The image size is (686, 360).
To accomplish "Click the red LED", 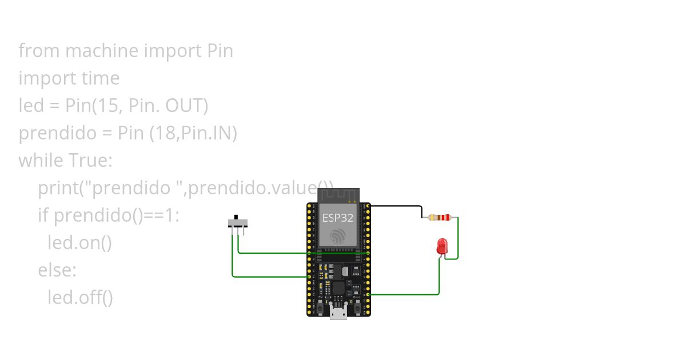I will point(442,246).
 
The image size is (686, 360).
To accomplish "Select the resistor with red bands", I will point(440,217).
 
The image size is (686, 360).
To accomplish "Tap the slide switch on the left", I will point(237,222).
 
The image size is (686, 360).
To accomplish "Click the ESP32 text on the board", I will point(337,218).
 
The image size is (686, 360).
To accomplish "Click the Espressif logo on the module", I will point(338,236).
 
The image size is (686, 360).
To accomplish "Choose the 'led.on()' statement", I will point(79,243).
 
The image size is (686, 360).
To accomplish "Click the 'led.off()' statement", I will point(80,298).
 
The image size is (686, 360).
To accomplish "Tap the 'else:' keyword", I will point(57,270).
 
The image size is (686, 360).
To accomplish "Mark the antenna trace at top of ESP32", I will point(338,195).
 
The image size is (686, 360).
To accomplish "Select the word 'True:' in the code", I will point(90,161).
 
